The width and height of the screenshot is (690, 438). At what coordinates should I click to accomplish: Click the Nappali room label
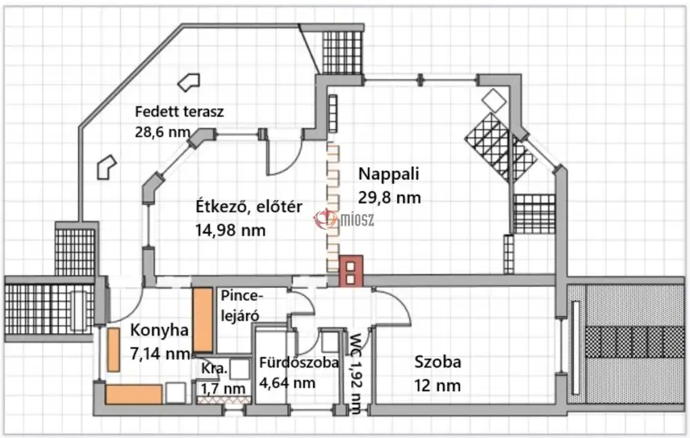[388, 174]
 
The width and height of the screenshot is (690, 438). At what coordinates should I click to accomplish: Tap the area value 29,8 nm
[389, 197]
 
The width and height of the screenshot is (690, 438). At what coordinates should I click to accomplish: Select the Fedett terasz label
[179, 112]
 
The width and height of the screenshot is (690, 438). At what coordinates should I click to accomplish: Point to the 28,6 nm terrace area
[162, 132]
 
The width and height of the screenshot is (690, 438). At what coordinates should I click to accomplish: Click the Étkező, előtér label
[248, 206]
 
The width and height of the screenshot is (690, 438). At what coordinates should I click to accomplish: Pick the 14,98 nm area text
[230, 230]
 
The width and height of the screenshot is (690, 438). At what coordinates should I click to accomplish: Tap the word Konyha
[159, 330]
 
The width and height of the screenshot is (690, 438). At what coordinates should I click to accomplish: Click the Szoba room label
[438, 362]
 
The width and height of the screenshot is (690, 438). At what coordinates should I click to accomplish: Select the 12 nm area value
[437, 386]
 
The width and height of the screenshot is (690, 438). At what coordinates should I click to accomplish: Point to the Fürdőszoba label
[299, 363]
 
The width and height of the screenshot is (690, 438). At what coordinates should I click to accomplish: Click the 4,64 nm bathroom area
[287, 383]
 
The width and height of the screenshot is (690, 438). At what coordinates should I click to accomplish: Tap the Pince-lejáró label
[241, 305]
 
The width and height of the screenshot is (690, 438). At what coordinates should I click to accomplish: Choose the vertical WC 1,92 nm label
[355, 374]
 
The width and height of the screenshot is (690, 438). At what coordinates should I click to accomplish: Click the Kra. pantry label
[214, 368]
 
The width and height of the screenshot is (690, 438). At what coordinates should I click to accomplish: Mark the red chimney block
[351, 271]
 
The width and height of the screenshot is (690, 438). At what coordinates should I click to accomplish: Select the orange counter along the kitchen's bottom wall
[134, 394]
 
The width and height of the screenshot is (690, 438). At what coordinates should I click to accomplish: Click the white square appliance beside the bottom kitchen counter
[175, 392]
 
